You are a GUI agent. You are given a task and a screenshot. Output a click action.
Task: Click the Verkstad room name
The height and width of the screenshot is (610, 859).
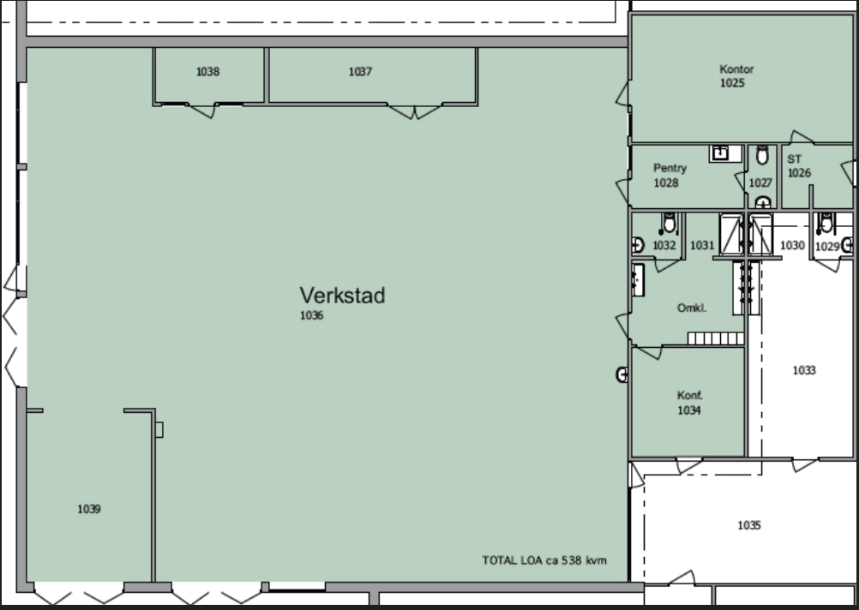tap(342, 296)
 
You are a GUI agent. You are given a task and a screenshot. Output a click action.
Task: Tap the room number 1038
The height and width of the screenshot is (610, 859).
tap(207, 72)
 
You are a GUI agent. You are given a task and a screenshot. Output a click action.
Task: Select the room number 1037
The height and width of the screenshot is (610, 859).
tap(360, 72)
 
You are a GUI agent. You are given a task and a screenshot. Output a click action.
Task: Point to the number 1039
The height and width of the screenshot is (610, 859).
tap(89, 509)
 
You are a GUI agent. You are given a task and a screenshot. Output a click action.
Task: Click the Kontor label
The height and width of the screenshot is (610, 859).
tap(736, 69)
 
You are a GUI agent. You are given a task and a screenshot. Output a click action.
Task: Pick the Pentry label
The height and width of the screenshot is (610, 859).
tap(670, 169)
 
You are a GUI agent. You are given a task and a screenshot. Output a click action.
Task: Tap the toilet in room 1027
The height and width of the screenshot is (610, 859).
tap(762, 156)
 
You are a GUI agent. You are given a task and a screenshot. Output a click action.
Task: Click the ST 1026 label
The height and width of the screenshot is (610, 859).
tap(799, 166)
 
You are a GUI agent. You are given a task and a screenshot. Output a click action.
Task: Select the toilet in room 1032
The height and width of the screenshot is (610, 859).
tap(669, 223)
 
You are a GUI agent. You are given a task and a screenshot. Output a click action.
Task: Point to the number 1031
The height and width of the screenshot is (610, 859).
tap(702, 245)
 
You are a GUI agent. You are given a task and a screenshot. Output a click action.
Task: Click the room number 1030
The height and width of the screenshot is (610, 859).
tap(792, 245)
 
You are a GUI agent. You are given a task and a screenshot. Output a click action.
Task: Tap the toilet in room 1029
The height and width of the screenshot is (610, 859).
tap(826, 223)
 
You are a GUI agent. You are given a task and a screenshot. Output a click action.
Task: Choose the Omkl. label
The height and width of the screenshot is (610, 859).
tap(691, 308)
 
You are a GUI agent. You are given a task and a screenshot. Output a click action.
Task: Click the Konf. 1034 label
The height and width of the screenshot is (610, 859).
tap(689, 403)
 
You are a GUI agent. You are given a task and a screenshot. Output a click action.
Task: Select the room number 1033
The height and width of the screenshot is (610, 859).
tap(804, 371)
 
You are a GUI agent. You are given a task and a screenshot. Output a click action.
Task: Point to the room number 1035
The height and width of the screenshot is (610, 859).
tap(749, 526)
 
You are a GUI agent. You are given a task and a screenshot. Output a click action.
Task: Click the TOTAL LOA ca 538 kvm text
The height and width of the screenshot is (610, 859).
tap(544, 560)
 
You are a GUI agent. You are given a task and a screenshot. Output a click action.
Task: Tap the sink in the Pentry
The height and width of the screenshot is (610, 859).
tap(720, 153)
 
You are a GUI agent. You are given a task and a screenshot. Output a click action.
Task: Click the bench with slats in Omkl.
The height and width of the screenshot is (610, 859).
tap(716, 338)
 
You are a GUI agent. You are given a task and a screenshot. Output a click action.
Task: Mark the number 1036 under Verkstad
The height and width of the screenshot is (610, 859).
tap(311, 315)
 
